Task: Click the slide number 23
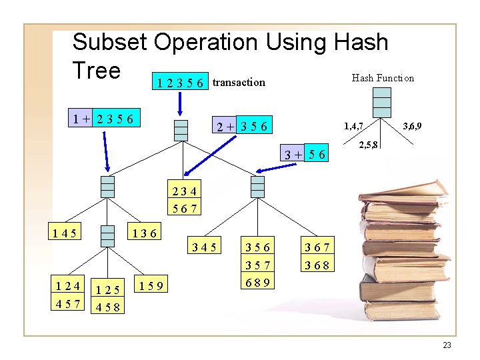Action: (447, 345)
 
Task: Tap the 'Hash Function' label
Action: (383, 78)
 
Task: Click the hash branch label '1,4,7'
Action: (353, 125)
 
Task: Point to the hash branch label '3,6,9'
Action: (411, 125)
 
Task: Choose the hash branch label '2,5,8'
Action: (369, 145)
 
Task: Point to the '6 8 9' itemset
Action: (257, 281)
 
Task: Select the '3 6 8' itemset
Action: (317, 265)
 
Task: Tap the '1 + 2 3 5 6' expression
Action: (105, 119)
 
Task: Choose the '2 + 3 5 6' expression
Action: (241, 126)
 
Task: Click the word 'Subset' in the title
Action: (110, 42)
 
